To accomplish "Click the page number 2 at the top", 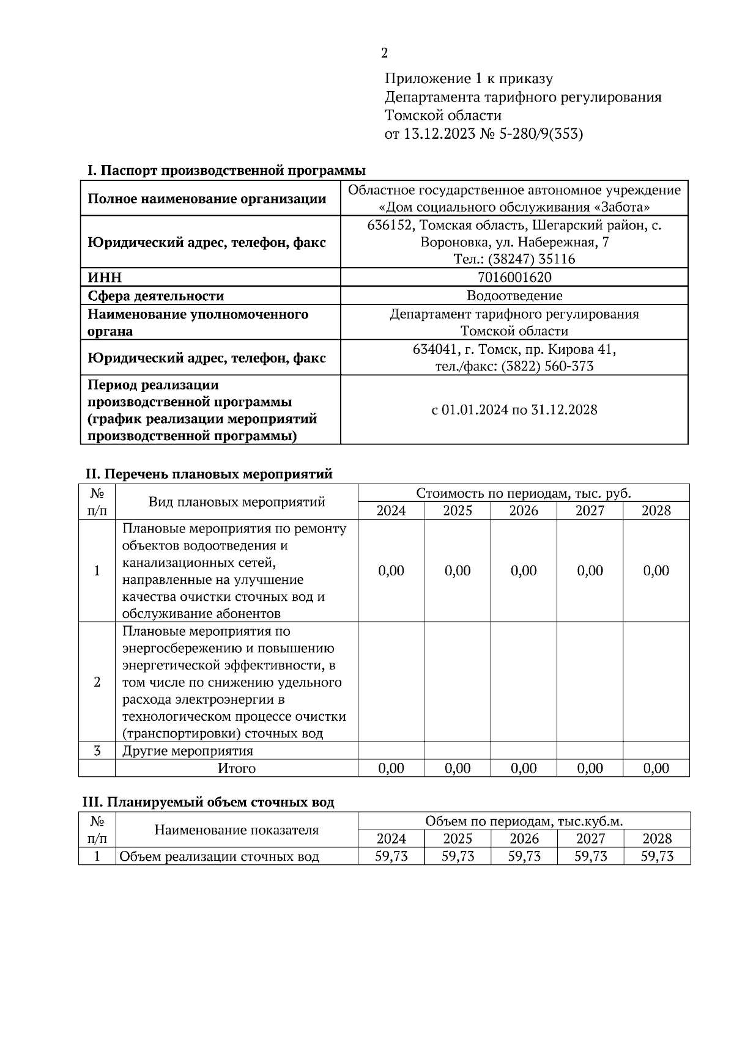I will (x=384, y=54).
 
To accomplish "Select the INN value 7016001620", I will (x=514, y=278).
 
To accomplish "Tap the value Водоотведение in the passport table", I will (x=514, y=296).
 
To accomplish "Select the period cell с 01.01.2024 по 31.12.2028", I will (x=514, y=410).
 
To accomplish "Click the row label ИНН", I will (x=105, y=278).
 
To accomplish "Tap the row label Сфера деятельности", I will (x=155, y=296).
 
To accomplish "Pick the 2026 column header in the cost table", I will (x=524, y=511).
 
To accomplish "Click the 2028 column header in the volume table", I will (x=657, y=839).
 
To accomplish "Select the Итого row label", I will (x=236, y=768).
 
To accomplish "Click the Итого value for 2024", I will (x=391, y=768).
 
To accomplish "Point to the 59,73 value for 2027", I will (x=590, y=856).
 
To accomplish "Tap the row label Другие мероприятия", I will (x=187, y=751).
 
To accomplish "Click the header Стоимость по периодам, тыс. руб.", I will (x=523, y=493).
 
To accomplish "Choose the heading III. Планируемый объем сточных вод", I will (x=209, y=802).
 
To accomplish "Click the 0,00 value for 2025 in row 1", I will (x=458, y=571).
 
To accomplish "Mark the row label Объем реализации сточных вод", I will (x=219, y=856).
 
